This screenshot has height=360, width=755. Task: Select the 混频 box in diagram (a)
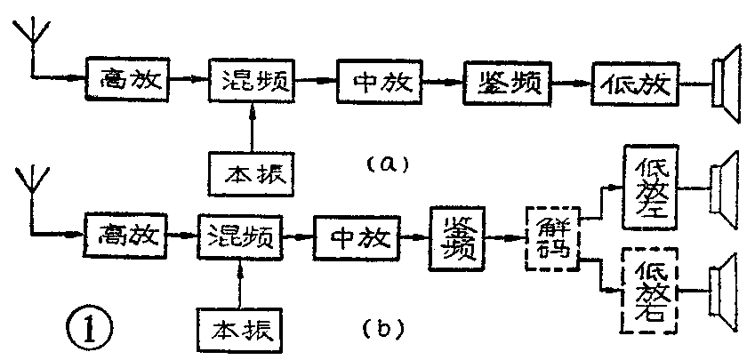click(x=253, y=82)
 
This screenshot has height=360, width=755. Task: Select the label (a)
click(x=386, y=164)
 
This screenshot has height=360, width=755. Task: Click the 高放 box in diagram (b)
click(x=124, y=234)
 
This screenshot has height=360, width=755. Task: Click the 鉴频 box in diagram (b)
click(x=460, y=236)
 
